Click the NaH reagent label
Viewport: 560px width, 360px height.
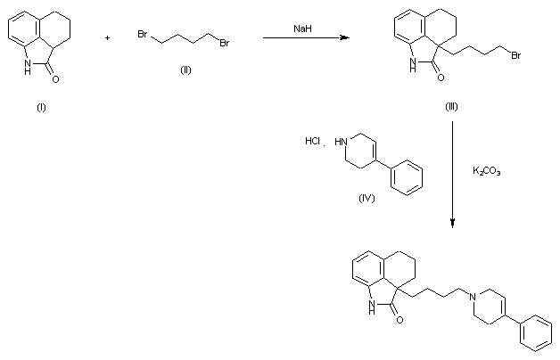(x=302, y=29)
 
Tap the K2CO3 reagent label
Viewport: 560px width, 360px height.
(x=486, y=170)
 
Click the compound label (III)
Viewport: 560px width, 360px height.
(x=452, y=106)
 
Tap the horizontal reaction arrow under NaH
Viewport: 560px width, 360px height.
(x=303, y=39)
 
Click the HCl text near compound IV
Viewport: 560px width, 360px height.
(x=313, y=141)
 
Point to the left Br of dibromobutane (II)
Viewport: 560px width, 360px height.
(x=142, y=35)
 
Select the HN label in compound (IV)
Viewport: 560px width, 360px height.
(x=339, y=141)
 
